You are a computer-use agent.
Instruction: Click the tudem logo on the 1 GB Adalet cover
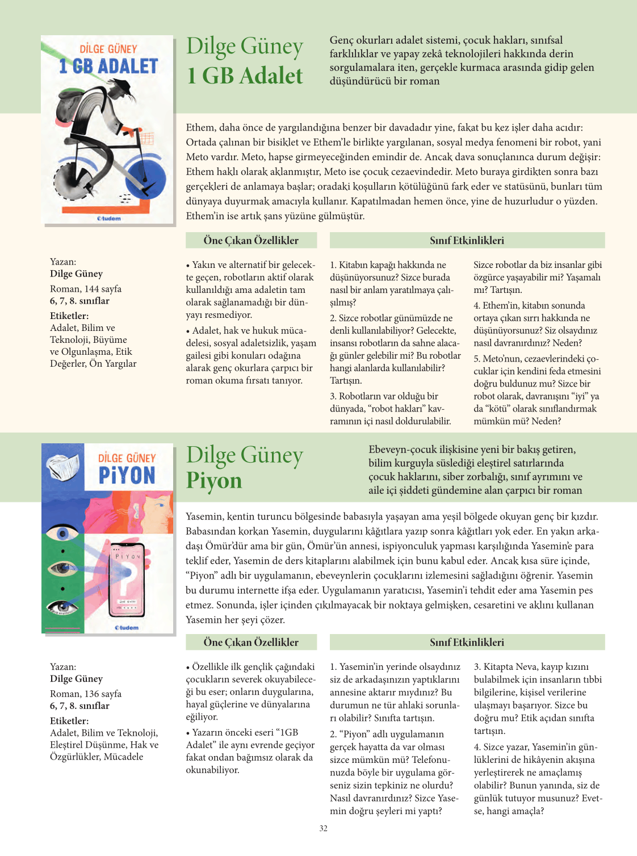108,219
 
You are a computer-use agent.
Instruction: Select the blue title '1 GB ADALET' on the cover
108,66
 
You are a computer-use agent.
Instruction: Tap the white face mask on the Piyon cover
64,467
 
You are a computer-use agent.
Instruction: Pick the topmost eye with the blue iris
58,533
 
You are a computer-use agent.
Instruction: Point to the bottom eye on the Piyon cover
59,606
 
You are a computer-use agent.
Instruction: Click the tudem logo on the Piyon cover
127,628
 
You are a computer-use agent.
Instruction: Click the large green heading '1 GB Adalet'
245,75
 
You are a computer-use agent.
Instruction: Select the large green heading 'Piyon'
214,481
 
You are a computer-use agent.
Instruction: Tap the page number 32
323,828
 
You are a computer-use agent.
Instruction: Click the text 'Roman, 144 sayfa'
86,289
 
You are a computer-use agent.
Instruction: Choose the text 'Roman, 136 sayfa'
86,694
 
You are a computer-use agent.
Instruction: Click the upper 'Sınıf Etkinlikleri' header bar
467,240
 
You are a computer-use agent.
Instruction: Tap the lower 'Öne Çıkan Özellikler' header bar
251,642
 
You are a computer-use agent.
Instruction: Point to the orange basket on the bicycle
147,138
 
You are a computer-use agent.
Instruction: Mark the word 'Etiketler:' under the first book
69,316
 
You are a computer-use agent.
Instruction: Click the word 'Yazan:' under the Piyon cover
63,667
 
